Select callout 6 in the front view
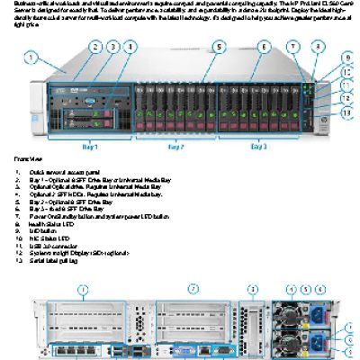pos(263,46)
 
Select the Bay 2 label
pos(176,144)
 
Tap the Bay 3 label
pos(258,144)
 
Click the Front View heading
pos(25,158)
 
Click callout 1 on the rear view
pos(82,289)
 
